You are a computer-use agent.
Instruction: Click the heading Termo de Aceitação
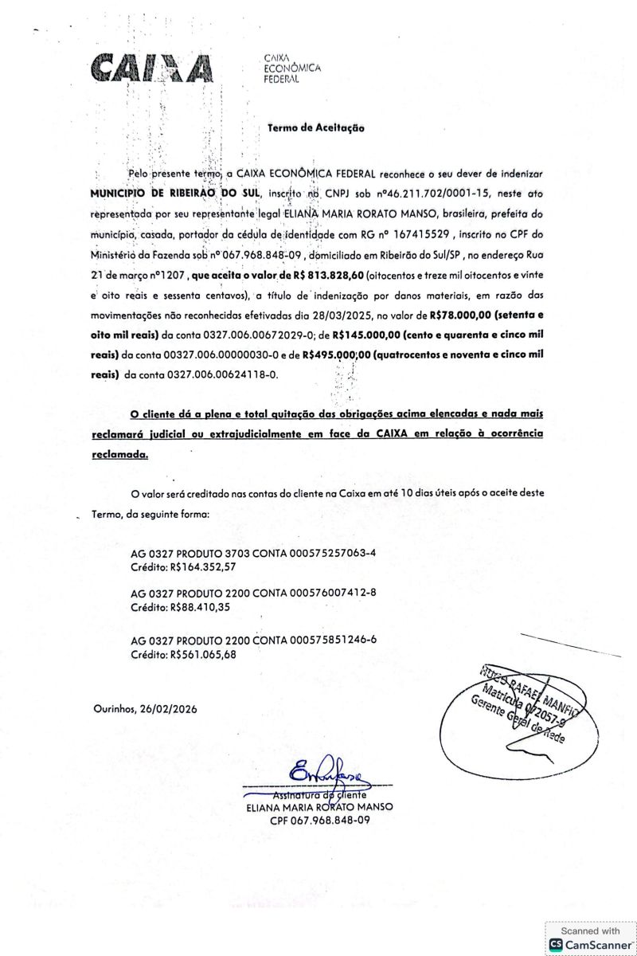pos(316,127)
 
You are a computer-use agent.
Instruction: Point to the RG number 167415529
pos(421,236)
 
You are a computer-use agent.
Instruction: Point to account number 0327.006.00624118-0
pos(223,374)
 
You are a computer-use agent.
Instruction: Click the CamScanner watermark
pos(590,937)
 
